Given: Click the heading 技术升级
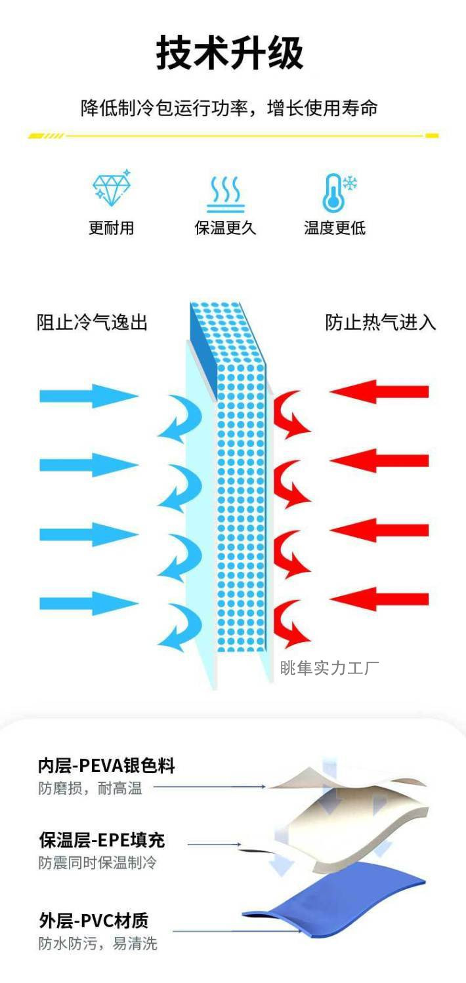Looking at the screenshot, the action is click(230, 53).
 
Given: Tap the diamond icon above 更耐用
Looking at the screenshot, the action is click(112, 188).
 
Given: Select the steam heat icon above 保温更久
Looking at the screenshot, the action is click(225, 192).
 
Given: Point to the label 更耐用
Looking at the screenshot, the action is click(112, 228).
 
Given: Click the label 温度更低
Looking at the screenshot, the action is click(335, 228).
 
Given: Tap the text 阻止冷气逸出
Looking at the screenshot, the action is click(92, 323).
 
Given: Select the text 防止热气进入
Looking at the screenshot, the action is click(381, 323).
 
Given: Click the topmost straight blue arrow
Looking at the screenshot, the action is click(89, 395).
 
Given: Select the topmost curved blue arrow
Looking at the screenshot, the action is click(180, 418).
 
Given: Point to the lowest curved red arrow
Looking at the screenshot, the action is click(291, 624).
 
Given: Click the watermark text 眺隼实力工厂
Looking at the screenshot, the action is click(329, 668).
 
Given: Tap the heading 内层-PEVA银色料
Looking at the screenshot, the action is click(106, 765).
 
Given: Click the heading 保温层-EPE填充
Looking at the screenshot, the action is click(102, 839).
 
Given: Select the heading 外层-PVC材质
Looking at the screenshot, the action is click(93, 921).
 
